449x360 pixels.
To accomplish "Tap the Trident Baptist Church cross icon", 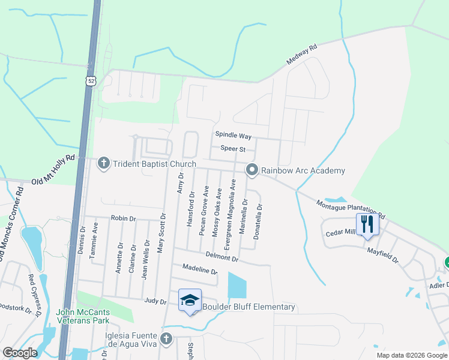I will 104,163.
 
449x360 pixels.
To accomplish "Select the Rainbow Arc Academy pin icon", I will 252,170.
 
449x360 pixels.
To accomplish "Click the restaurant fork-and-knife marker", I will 367,225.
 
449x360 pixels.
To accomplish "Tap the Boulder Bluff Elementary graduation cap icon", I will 190,300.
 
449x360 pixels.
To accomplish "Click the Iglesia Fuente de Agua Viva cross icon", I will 166,340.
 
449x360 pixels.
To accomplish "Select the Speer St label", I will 234,148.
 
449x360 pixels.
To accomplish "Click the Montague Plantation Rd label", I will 351,210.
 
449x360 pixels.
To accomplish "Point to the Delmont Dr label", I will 222,257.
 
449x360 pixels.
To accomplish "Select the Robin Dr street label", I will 123,219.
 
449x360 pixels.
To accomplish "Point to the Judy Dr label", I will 154,301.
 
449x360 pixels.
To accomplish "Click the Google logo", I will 20,353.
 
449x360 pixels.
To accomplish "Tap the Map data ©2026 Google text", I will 411,355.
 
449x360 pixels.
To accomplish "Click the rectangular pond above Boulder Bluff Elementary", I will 237,286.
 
